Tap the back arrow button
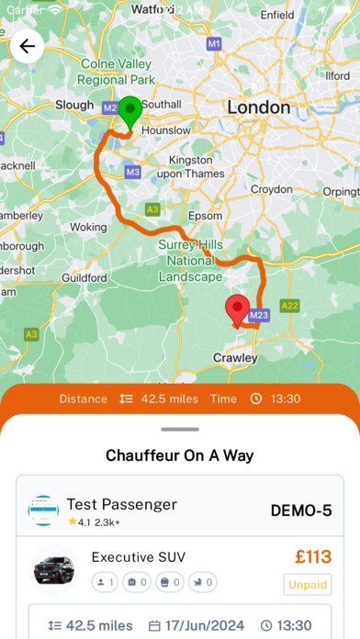(x=28, y=46)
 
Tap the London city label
(x=258, y=107)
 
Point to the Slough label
(x=75, y=105)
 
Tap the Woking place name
(x=89, y=226)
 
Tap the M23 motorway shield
(x=259, y=315)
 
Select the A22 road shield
(x=290, y=306)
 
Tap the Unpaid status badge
(x=307, y=584)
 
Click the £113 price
(x=313, y=556)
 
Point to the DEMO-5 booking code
(x=301, y=510)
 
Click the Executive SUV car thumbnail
(x=52, y=569)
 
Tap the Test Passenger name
(x=121, y=504)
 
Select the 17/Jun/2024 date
(x=198, y=625)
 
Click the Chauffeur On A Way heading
(x=180, y=454)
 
